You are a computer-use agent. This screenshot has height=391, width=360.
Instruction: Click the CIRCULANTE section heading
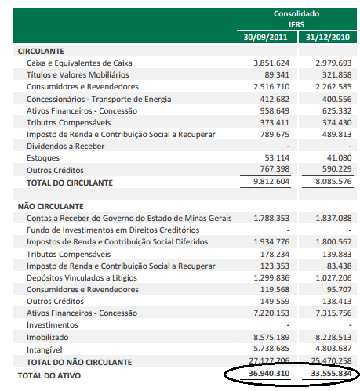point(41,51)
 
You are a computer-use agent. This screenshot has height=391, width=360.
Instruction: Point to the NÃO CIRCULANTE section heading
point(51,205)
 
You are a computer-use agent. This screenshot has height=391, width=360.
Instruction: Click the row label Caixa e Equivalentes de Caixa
point(79,63)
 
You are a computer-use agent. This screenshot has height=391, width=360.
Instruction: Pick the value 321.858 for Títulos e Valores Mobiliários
point(333,74)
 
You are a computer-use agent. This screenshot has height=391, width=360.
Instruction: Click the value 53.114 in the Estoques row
point(277,157)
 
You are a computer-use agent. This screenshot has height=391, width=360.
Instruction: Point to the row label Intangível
point(45,349)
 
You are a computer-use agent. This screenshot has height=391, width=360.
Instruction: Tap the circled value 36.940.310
point(269,374)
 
